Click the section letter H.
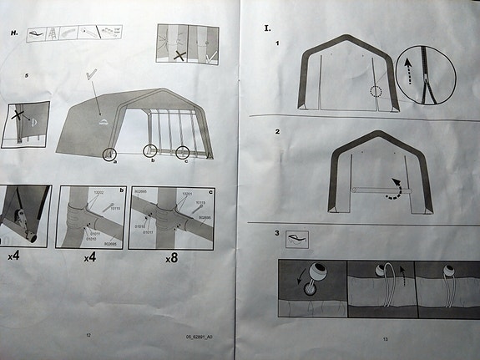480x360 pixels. tap(13, 33)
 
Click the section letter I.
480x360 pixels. tap(267, 28)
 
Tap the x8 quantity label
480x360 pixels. tap(170, 258)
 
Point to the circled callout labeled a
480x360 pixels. tap(109, 154)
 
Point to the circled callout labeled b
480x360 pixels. tap(149, 151)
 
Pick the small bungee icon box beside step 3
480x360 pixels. tap(297, 240)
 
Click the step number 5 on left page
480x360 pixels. tap(27, 75)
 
